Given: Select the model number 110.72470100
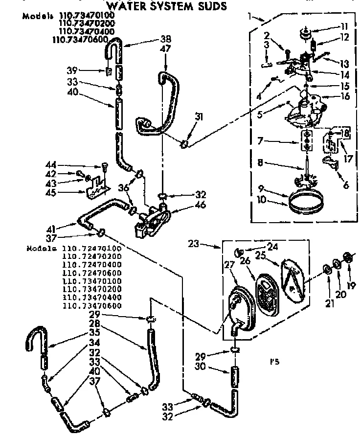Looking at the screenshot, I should tap(92, 248).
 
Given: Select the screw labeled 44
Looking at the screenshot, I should tap(104, 166).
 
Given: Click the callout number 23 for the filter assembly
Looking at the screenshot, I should tap(194, 242).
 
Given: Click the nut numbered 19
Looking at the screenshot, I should tap(349, 258).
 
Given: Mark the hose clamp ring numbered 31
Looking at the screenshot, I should tap(184, 143).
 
